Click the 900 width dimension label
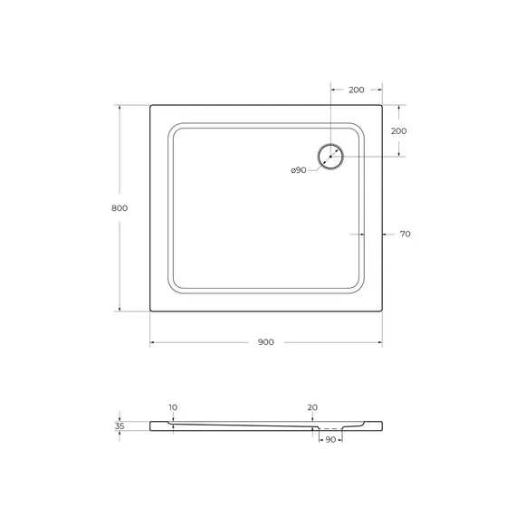pos(265,342)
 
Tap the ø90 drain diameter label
pos(298,170)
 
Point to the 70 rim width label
pos(405,234)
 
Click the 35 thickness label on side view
pos(119,425)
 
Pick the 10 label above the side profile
pos(173,408)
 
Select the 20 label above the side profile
pos(312,408)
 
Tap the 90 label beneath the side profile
pos(330,440)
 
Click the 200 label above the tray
pos(356,90)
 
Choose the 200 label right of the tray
pos(398,130)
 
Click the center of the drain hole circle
pos(330,156)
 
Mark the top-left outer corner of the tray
pos(149,104)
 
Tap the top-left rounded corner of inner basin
pos(173,128)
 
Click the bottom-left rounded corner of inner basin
pos(173,288)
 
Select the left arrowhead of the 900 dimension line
pos(151,342)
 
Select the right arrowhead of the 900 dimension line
pos(379,342)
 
